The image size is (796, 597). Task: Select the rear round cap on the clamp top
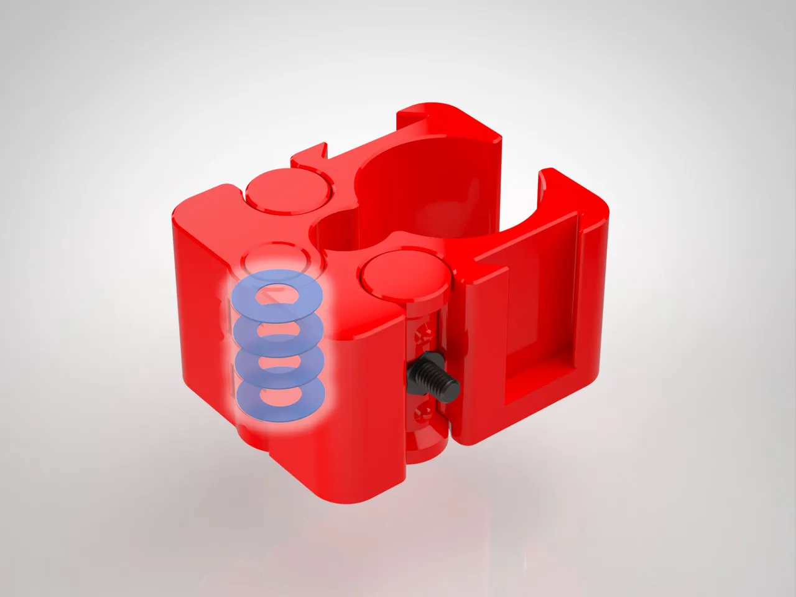click(288, 190)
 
